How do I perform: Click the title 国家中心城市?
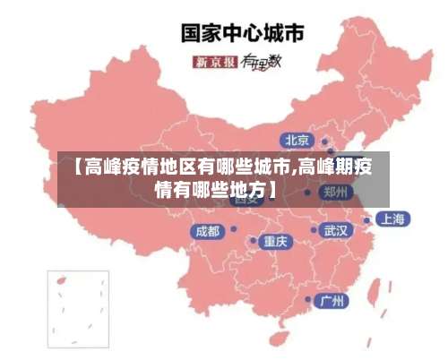(243, 34)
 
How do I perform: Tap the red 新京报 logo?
(214, 62)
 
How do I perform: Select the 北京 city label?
(297, 140)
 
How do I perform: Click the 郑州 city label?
(337, 192)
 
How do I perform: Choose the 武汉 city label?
(337, 230)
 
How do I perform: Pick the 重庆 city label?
(275, 241)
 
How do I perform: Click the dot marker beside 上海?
(367, 219)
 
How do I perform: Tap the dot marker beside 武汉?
(314, 230)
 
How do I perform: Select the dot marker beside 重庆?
(254, 241)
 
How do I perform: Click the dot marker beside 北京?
(325, 141)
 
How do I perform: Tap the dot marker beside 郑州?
(308, 192)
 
